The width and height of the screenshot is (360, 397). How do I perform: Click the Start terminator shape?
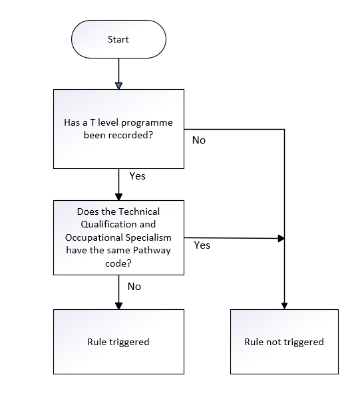[118, 39]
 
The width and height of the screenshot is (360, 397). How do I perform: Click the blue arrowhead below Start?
[118, 86]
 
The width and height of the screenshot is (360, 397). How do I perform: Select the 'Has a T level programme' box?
[118, 129]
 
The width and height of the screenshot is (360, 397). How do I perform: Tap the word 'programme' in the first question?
[147, 123]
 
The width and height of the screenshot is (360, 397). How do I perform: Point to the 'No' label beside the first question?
[199, 140]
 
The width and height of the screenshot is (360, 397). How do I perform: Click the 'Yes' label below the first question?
[137, 176]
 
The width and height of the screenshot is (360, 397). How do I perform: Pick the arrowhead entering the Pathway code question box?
[118, 197]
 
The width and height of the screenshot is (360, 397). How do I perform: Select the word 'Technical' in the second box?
[139, 211]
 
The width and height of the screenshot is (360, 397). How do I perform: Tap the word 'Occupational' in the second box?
[94, 238]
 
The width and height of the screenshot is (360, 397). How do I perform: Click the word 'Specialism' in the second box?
[148, 238]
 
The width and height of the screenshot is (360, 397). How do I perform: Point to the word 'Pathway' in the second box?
[152, 251]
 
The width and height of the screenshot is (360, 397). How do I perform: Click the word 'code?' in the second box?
[118, 264]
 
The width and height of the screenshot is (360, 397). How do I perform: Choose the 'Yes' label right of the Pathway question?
[202, 245]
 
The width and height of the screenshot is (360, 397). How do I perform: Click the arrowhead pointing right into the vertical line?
[281, 238]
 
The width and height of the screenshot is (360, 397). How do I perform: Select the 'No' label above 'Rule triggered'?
[134, 287]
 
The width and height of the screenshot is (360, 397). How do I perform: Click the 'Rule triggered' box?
[118, 342]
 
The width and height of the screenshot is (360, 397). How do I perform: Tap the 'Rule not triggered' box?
[284, 342]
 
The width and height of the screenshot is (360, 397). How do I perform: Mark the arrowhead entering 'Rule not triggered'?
[285, 306]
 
